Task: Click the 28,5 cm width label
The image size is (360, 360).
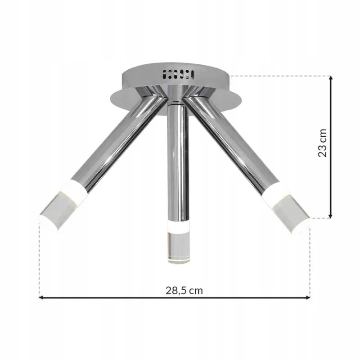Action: pos(184,290)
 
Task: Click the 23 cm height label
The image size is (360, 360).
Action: pos(322,143)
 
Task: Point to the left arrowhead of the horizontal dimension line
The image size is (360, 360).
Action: pos(41,297)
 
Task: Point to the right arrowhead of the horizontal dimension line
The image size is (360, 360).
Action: pos(308,297)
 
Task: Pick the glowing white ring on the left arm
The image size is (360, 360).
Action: pos(75,190)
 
